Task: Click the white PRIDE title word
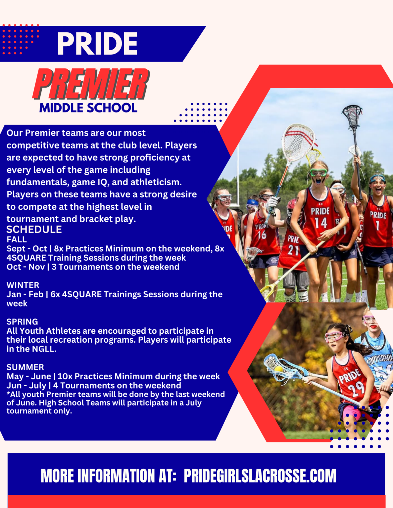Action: (x=97, y=43)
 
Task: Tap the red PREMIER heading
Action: (x=91, y=84)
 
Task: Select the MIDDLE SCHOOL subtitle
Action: (x=88, y=108)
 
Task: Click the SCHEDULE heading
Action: (x=34, y=230)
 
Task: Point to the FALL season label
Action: (x=17, y=239)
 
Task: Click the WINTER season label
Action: (x=23, y=285)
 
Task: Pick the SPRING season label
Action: (x=22, y=322)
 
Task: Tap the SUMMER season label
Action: (x=25, y=367)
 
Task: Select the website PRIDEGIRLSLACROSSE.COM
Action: (x=260, y=476)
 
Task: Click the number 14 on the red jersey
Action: (x=321, y=223)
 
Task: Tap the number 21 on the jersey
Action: (x=292, y=250)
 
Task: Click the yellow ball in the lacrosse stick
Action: (x=278, y=369)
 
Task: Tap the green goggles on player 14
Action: (x=319, y=173)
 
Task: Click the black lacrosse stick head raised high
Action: (x=352, y=116)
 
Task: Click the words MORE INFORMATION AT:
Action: (x=109, y=476)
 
